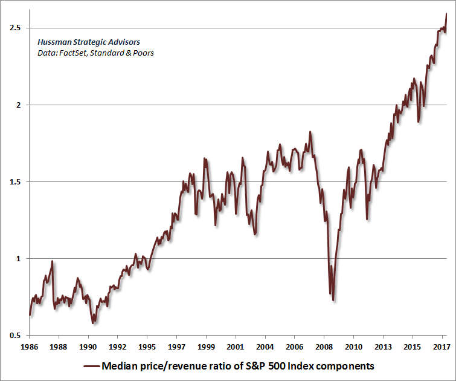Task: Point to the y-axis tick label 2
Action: pyautogui.click(x=18, y=105)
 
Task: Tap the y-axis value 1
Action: pyautogui.click(x=18, y=258)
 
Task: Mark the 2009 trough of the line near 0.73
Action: pyautogui.click(x=333, y=300)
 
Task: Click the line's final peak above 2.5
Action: pyautogui.click(x=446, y=13)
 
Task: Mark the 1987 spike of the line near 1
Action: pyautogui.click(x=53, y=261)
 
